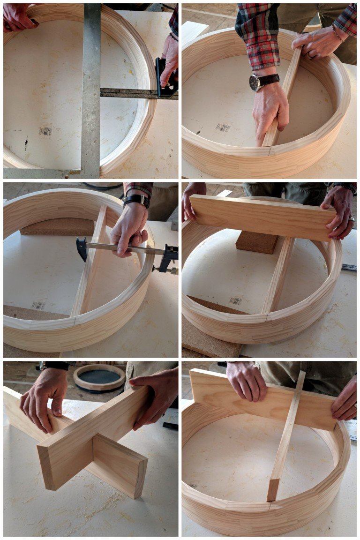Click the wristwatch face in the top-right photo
pos(255,82)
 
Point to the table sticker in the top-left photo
pos(45,131)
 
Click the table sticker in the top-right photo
pos(223,127)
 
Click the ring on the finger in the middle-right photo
pos(352,219)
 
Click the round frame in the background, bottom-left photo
pos(99,377)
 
